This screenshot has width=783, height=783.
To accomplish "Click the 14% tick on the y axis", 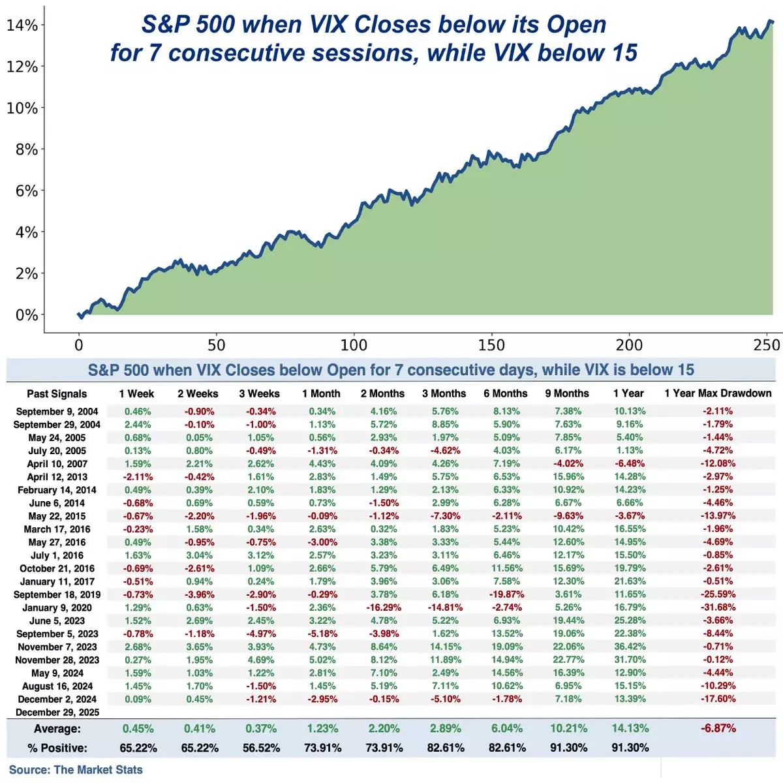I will click(22, 25).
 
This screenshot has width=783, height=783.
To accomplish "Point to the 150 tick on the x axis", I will click(491, 345).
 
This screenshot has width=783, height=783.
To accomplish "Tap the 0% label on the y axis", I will click(27, 315).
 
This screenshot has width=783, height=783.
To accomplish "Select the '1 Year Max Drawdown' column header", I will click(718, 393).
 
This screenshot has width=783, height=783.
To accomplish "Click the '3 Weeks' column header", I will click(259, 393).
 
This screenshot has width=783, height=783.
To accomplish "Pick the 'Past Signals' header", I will click(57, 393).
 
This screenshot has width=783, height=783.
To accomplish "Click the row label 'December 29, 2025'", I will click(57, 712).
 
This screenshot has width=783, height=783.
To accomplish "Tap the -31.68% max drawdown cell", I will click(718, 607).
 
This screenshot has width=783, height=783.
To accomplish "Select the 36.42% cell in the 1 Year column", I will click(630, 647).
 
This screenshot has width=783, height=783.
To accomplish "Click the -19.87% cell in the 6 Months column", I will click(506, 594).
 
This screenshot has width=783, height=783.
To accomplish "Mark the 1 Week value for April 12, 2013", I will click(138, 477).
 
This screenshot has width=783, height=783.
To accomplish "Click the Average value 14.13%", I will click(630, 728).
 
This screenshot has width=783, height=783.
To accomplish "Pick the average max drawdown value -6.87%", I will click(718, 728).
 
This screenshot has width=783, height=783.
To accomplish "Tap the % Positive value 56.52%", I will click(261, 748).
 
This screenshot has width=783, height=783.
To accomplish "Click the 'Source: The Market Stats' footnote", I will click(76, 770).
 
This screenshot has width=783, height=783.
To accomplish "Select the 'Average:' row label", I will click(57, 729).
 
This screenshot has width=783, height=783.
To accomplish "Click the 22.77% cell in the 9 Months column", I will click(568, 660).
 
